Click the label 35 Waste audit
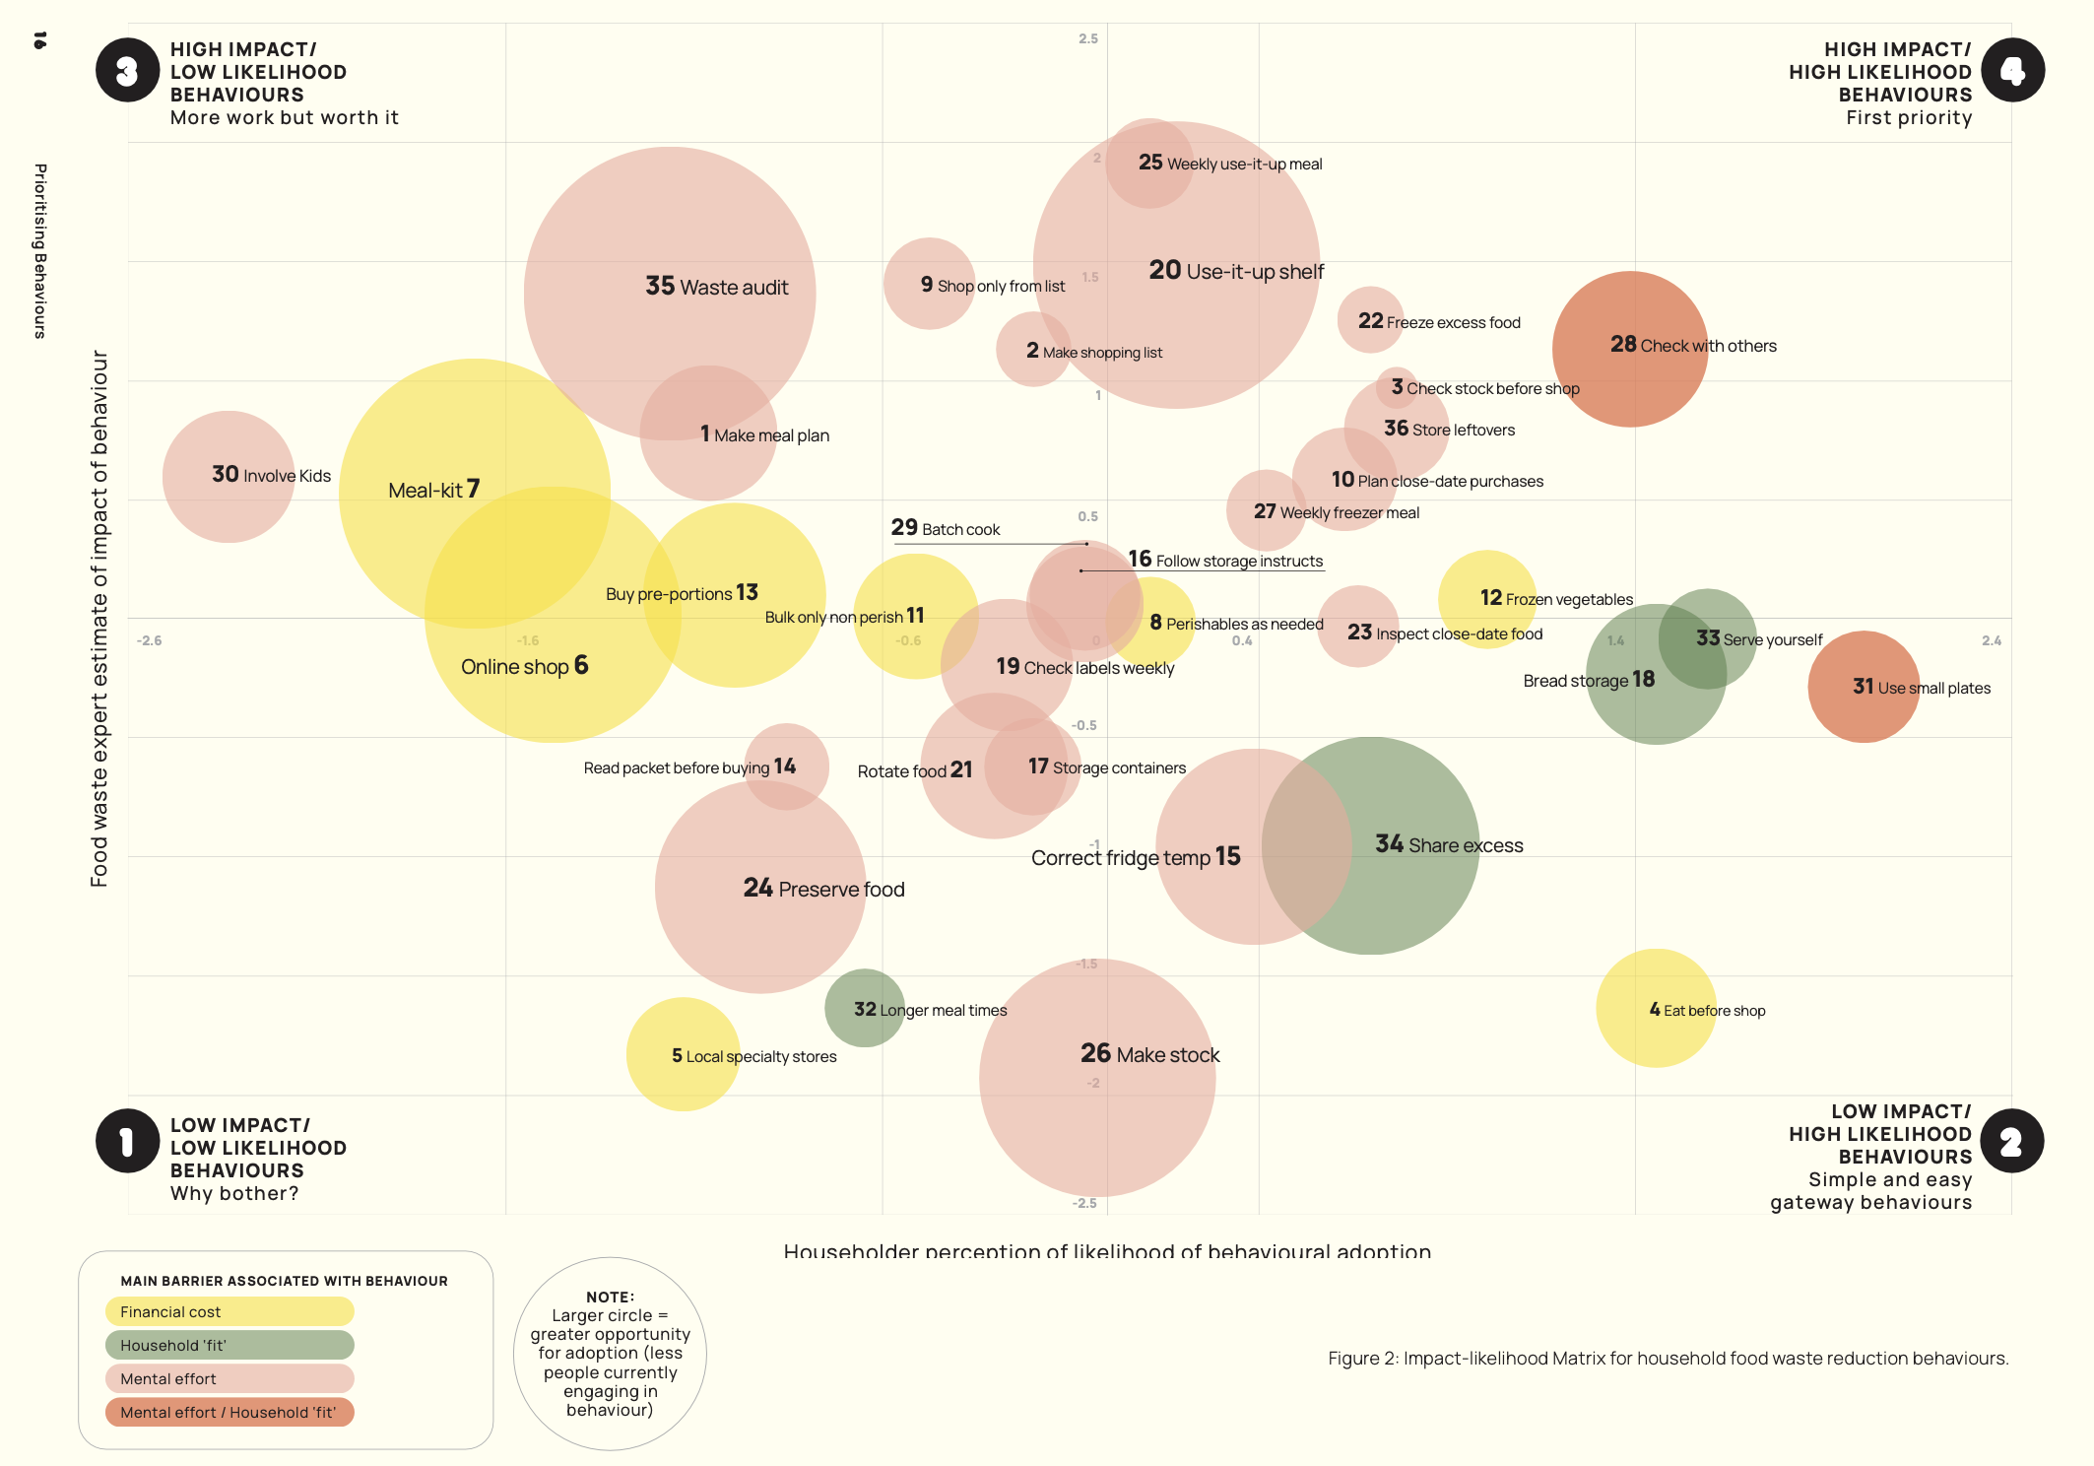(x=716, y=287)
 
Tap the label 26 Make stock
(x=1149, y=1054)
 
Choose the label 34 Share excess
(x=1448, y=844)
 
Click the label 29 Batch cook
(x=945, y=528)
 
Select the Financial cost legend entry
(x=229, y=1311)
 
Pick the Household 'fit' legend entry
(x=229, y=1345)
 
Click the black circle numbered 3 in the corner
(x=127, y=70)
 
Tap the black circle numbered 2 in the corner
(x=2011, y=1141)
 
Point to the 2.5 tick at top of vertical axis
(x=1087, y=38)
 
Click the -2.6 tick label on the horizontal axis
(x=149, y=640)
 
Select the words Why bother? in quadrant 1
(x=234, y=1193)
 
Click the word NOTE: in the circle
(x=610, y=1297)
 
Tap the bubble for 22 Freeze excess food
(x=1370, y=320)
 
